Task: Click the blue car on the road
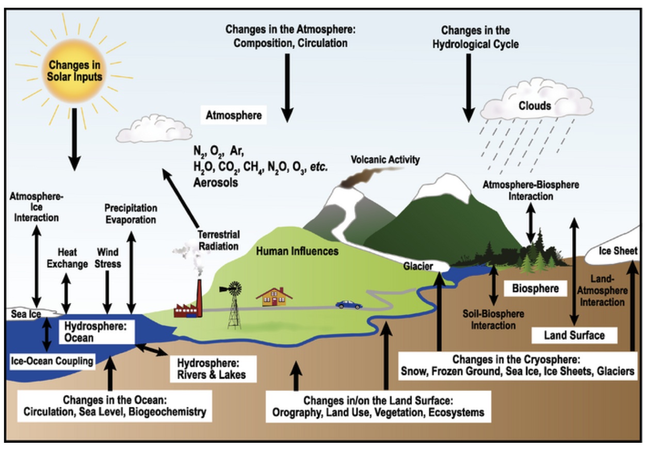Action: [348, 305]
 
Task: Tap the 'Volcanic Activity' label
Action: [385, 160]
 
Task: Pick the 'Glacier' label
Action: [418, 266]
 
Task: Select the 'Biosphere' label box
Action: [535, 289]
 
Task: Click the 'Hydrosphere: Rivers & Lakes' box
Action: [211, 368]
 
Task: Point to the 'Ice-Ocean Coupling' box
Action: [53, 361]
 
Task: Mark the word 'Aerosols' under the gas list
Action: [216, 182]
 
